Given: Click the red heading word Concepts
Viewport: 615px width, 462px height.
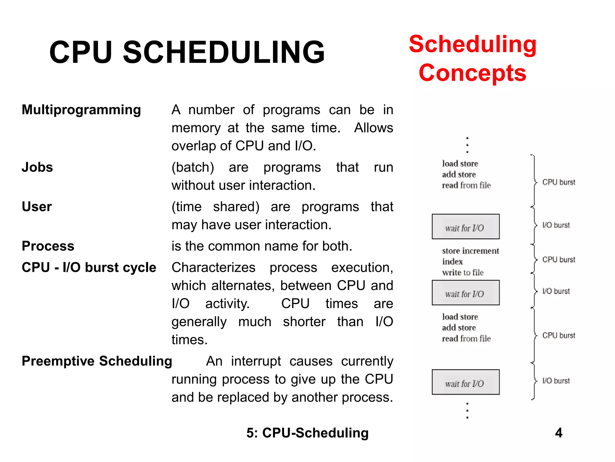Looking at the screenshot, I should (472, 73).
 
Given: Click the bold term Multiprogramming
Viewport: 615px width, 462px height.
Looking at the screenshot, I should (81, 110).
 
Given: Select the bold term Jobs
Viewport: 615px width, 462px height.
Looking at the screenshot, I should (37, 167).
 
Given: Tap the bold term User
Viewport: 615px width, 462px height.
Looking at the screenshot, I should (37, 207).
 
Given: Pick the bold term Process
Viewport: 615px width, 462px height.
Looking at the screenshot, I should (48, 246).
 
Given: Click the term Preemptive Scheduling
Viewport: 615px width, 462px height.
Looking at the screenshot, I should (97, 361).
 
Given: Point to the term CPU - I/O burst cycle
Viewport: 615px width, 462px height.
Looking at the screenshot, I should (89, 267).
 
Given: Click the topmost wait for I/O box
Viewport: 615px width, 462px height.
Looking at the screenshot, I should (465, 226).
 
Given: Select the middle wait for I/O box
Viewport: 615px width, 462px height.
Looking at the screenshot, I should (465, 293).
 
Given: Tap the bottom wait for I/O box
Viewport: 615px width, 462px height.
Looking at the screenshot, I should (465, 382).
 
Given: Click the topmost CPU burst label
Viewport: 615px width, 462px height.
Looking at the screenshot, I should (559, 182).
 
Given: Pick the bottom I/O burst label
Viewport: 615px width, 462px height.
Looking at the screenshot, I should (556, 381).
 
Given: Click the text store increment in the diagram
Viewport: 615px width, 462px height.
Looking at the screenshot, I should (470, 251).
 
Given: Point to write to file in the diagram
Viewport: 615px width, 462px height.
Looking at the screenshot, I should (463, 273).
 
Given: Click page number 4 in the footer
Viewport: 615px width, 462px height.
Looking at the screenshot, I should (559, 433).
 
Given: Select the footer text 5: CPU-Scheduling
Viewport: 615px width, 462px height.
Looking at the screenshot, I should (307, 433).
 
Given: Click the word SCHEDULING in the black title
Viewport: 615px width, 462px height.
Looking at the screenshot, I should (224, 52).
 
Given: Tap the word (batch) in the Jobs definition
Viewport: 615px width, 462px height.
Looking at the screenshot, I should (192, 167).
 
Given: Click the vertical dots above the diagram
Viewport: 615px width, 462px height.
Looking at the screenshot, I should (467, 145).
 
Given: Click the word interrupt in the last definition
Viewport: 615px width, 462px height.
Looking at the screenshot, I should (256, 361).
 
